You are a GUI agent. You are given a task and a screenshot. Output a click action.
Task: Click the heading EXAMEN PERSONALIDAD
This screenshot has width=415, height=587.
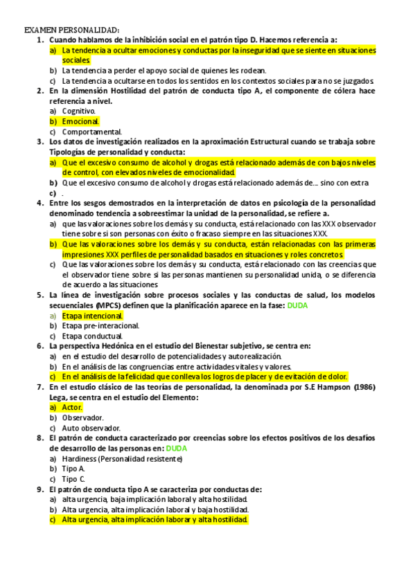(72, 30)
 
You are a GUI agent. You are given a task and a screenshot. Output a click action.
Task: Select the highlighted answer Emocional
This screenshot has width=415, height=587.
(80, 121)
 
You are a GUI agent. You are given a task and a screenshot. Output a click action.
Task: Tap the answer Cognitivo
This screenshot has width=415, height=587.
(78, 111)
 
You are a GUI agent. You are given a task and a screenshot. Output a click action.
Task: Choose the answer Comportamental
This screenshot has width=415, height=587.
(91, 132)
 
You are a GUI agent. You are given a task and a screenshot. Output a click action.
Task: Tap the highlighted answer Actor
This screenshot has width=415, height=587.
(72, 408)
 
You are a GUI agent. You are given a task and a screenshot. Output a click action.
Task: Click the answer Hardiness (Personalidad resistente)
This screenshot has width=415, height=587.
(122, 459)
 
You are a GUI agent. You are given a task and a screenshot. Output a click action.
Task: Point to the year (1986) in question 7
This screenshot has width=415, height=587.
(363, 387)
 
